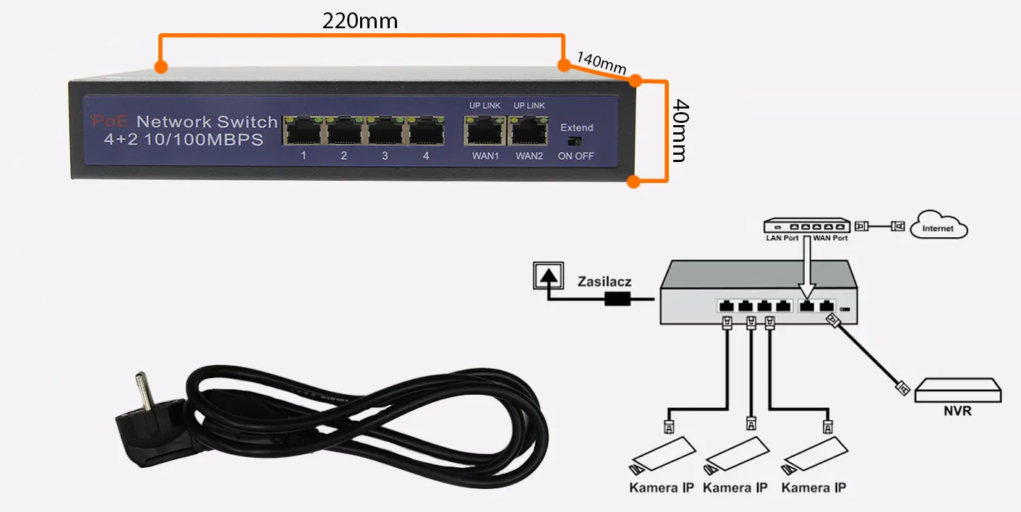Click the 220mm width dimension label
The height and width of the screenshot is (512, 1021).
point(359,21)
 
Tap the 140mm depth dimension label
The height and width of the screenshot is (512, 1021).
point(601,63)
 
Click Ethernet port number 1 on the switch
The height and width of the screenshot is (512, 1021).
point(304,132)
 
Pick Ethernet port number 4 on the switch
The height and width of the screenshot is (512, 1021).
point(426,132)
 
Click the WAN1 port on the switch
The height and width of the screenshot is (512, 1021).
point(484,132)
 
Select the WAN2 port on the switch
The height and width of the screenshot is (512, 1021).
point(529,132)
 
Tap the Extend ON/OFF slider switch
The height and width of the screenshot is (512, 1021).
point(575,142)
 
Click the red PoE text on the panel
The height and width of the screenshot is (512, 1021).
point(110,122)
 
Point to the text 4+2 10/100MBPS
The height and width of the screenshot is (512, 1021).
point(184,140)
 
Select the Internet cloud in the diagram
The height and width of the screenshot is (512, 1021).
point(939,227)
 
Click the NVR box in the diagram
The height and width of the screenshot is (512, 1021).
point(958,391)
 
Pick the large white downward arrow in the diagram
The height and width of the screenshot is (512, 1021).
point(808,270)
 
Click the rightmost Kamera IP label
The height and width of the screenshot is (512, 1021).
point(813,487)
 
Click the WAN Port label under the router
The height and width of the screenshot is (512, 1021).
point(830,237)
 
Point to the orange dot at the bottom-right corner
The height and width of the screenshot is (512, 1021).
point(633,182)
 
